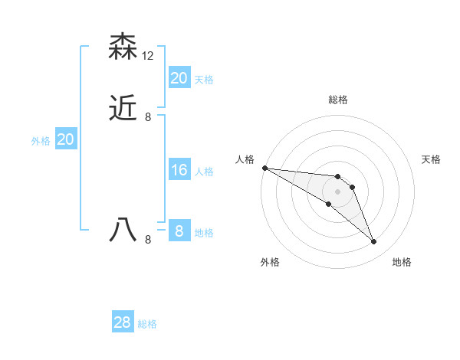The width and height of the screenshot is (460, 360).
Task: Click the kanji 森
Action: click(123, 47)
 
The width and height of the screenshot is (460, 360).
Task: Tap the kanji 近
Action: click(123, 109)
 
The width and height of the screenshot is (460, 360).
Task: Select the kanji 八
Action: click(123, 231)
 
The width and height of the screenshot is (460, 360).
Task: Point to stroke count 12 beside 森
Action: click(148, 56)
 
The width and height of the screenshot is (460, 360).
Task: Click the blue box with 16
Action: click(179, 170)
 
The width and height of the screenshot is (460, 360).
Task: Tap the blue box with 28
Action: click(123, 322)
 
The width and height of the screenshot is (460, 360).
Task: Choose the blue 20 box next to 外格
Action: click(66, 139)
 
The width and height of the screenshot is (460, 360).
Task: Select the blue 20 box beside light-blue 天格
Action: click(179, 78)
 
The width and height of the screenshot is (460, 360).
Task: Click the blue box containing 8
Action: click(179, 231)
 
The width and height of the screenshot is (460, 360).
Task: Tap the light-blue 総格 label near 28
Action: click(147, 324)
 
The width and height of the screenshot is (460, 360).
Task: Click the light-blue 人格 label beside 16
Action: click(204, 172)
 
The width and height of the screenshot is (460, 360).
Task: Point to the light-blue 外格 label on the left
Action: click(41, 141)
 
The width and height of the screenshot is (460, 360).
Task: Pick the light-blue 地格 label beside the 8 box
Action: click(204, 232)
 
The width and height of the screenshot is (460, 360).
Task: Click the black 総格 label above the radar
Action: click(338, 100)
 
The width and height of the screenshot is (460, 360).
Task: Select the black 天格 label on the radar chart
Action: click(432, 159)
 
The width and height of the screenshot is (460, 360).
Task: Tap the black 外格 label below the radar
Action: click(270, 262)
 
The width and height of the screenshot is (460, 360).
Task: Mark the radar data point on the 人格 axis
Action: click(264, 168)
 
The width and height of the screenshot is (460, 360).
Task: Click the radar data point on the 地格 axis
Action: click(374, 242)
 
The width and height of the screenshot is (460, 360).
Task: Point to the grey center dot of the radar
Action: click(338, 191)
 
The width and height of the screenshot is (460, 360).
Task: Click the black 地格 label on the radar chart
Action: click(402, 262)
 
